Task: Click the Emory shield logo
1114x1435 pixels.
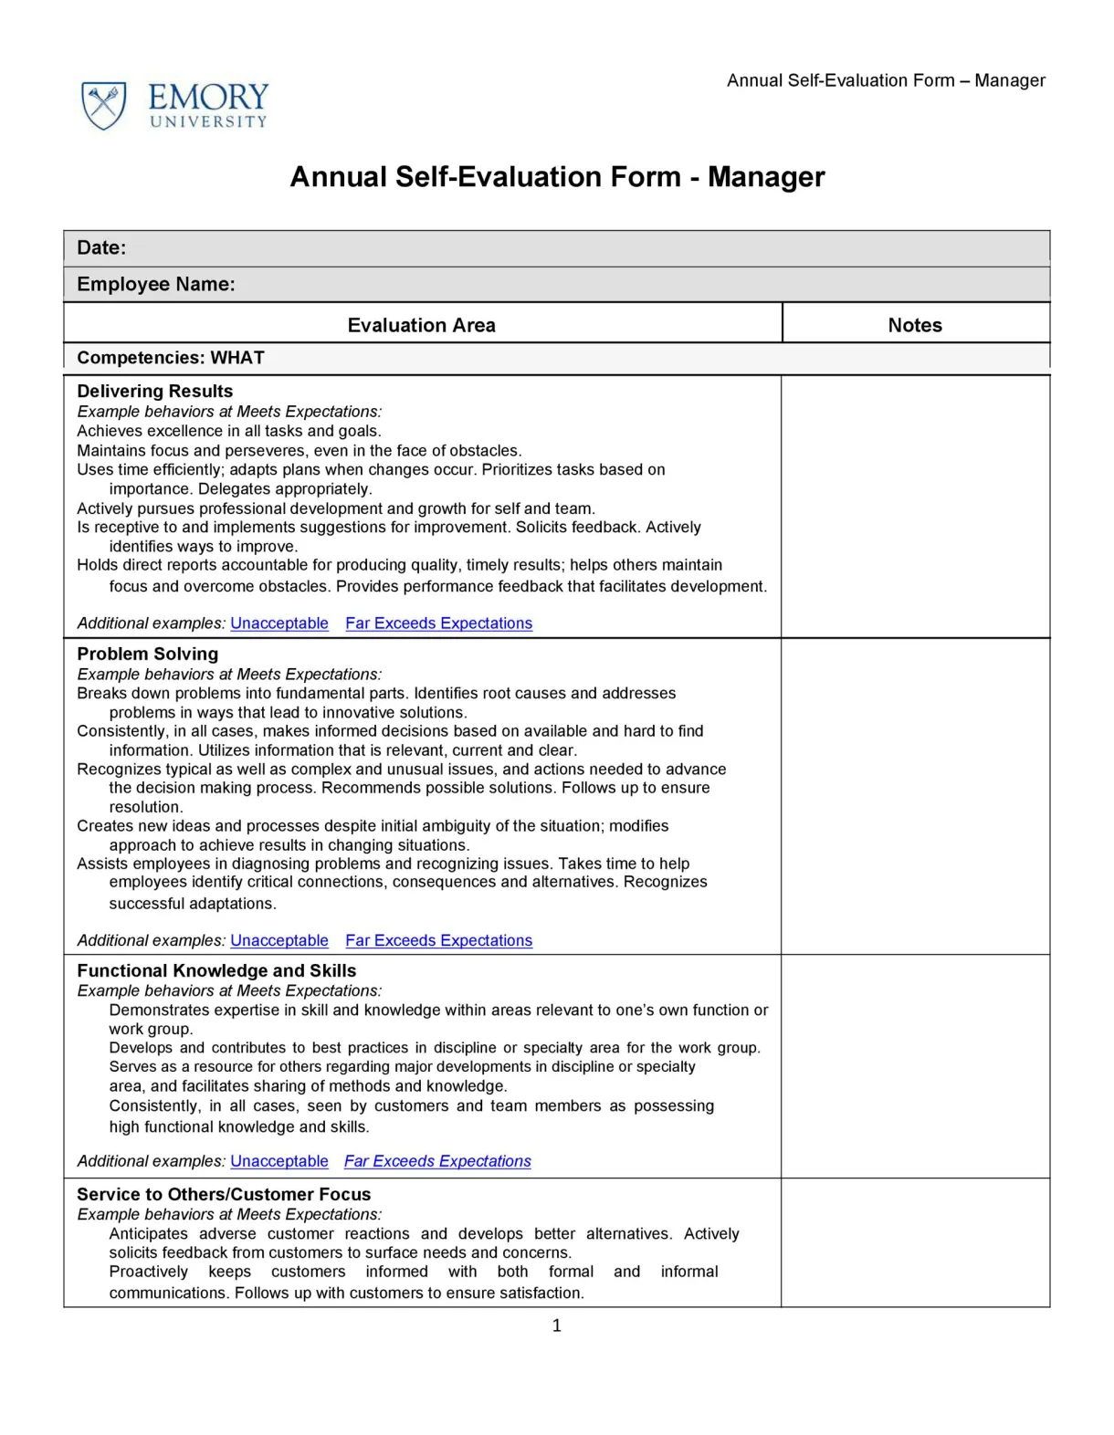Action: click(103, 105)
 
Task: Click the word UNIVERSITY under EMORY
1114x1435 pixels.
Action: click(208, 121)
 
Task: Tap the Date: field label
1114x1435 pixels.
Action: click(101, 247)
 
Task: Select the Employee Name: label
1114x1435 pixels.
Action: click(155, 284)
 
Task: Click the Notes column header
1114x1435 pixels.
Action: click(915, 325)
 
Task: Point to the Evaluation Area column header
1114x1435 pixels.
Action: click(421, 325)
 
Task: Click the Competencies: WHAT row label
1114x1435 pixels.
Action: click(171, 358)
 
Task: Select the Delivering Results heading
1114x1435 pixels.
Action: click(154, 391)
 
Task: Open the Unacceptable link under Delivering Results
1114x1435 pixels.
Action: click(278, 623)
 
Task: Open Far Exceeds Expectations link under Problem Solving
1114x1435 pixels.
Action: click(438, 940)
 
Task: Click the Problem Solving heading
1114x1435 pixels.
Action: click(147, 654)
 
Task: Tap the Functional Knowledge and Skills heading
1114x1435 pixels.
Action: click(216, 970)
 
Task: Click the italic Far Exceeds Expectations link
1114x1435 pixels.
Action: click(437, 1161)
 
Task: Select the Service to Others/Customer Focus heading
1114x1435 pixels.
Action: click(224, 1194)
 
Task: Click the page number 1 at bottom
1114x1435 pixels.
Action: click(557, 1325)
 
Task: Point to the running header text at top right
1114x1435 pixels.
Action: click(886, 80)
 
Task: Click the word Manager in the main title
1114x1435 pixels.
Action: click(766, 176)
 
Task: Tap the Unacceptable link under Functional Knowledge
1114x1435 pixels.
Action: click(278, 1161)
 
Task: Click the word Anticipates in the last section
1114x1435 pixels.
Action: click(148, 1233)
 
